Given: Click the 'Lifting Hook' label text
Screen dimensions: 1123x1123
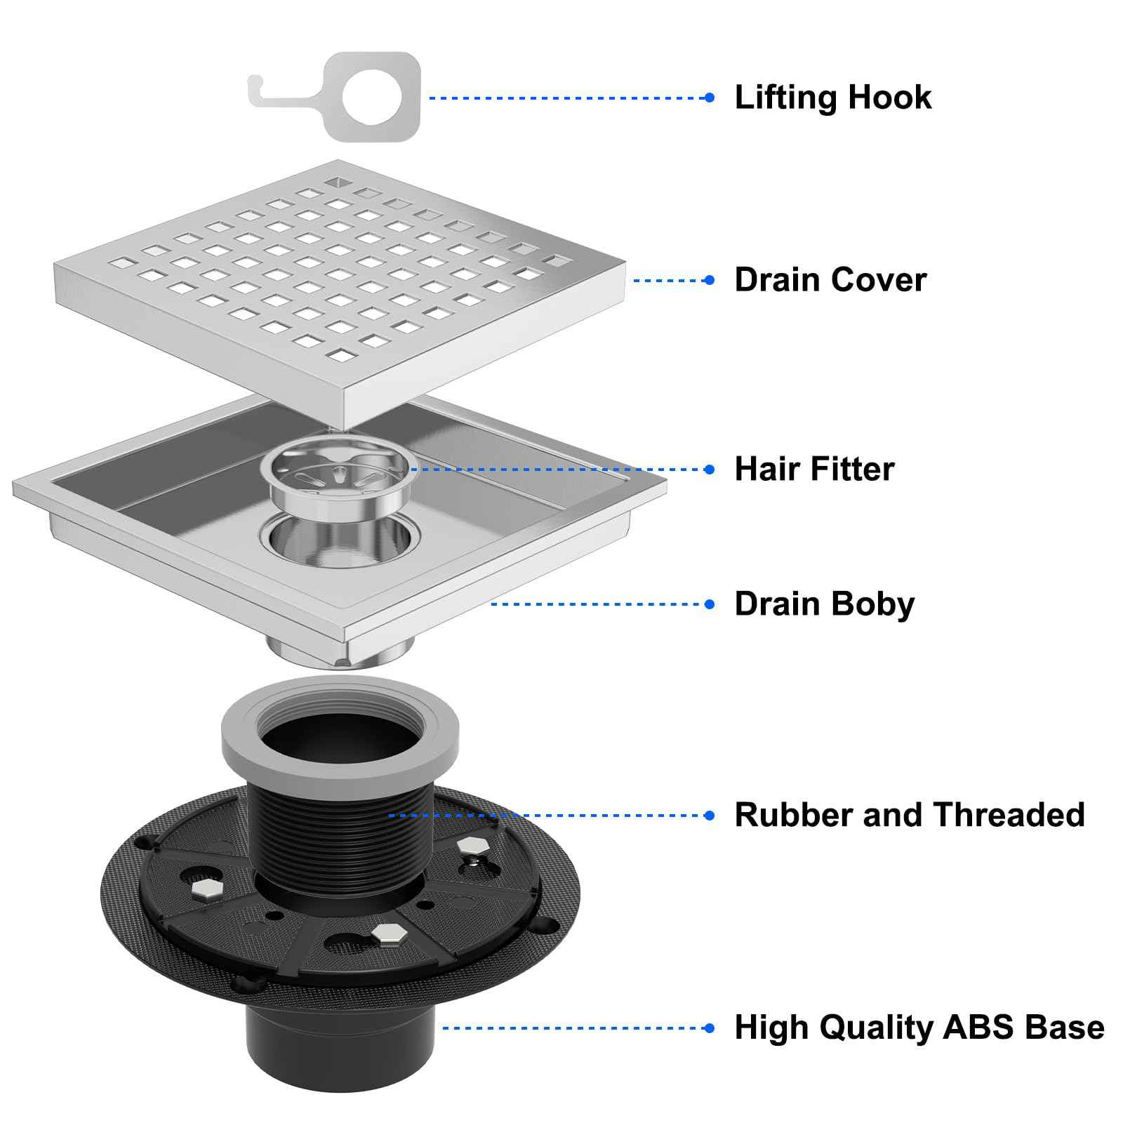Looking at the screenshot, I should point(832,98).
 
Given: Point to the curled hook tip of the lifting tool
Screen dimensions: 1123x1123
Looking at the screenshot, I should point(254,88).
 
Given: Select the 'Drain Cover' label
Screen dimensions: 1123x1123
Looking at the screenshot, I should point(830,280).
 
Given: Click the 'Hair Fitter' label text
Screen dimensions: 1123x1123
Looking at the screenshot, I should point(814,470).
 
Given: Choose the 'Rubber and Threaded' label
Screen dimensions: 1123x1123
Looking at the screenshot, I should point(909,816).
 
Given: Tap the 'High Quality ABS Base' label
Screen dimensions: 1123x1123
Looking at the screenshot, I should point(919,1028).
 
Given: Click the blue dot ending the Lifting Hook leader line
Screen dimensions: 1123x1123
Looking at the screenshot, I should point(710,98).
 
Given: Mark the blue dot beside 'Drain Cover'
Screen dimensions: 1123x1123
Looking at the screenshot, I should point(710,280).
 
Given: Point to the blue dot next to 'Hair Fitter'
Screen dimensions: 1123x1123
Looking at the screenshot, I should point(710,470).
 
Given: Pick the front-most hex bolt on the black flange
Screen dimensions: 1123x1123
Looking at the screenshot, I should point(385,933).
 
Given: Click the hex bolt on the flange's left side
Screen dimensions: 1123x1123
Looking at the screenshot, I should point(206,890).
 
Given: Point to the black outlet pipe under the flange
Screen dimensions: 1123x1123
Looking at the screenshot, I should point(340,1046).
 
